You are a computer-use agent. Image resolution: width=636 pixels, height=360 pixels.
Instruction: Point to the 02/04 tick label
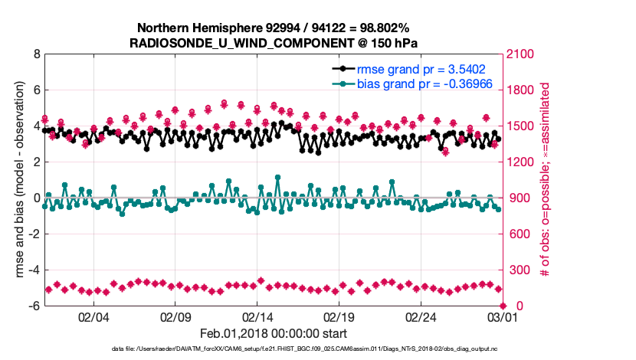pyautogui.click(x=93, y=316)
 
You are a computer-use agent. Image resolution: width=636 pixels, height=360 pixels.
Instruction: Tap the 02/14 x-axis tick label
pyautogui.click(x=257, y=316)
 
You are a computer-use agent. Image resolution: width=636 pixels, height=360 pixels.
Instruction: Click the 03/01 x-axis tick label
pyautogui.click(x=502, y=316)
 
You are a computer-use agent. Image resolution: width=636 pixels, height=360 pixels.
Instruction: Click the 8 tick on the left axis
pyautogui.click(x=35, y=54)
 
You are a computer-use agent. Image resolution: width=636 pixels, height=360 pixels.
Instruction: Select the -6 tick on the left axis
pyautogui.click(x=33, y=306)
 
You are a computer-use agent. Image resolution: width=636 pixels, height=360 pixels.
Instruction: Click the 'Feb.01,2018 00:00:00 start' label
pyautogui.click(x=274, y=333)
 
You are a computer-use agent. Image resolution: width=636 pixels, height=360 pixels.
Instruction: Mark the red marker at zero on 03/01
pyautogui.click(x=502, y=306)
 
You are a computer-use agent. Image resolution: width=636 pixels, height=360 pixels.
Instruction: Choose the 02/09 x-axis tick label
pyautogui.click(x=175, y=316)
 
